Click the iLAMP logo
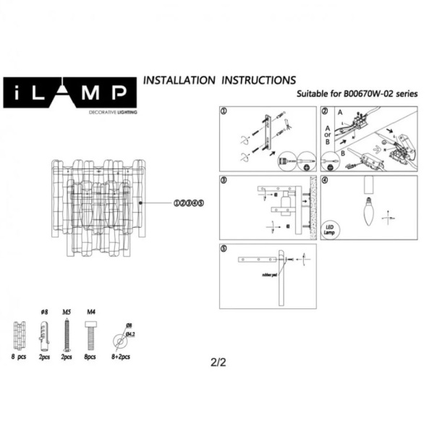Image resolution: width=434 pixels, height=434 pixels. pos(71,93)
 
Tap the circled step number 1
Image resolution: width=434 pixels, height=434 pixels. pos(224,112)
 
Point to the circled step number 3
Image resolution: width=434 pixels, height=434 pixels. pos(224,180)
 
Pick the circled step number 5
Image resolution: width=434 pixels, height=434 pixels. pos(224,249)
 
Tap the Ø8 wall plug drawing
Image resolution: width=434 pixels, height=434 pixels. pos(44,333)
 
